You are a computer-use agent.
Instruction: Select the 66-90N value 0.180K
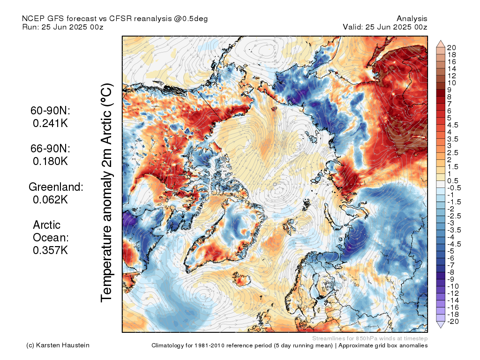[50, 161]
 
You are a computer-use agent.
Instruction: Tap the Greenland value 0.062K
[50, 200]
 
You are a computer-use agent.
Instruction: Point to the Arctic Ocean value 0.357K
[50, 250]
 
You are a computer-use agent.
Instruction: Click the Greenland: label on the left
[56, 187]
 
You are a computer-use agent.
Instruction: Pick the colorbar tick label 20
[451, 47]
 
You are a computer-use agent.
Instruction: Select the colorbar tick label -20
[452, 321]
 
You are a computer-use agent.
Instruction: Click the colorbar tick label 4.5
[453, 125]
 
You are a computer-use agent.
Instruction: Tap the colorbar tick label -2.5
[454, 216]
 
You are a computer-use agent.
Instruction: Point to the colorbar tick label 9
[449, 90]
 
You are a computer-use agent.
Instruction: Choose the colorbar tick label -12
[452, 293]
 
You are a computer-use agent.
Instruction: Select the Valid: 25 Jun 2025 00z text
[385, 27]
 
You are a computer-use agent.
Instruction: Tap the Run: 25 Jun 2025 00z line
[63, 27]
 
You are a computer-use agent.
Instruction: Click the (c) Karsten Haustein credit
[58, 345]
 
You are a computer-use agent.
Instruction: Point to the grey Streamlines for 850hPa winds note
[369, 338]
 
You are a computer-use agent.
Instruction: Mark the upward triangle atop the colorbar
[441, 44]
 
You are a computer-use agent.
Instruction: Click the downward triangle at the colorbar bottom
[441, 325]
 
